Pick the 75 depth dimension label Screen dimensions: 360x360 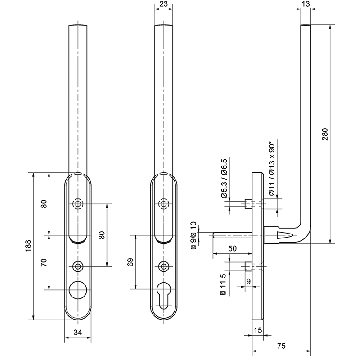tap(281, 346)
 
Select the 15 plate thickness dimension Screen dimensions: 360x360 tap(257, 330)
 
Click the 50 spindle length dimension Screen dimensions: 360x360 tap(232, 248)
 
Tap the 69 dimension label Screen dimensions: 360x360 tap(130, 262)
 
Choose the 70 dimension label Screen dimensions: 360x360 tap(44, 262)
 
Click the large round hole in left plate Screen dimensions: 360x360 tap(79, 290)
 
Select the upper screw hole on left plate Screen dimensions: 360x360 tap(79, 204)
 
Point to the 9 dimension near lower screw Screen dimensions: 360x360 tap(249, 282)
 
